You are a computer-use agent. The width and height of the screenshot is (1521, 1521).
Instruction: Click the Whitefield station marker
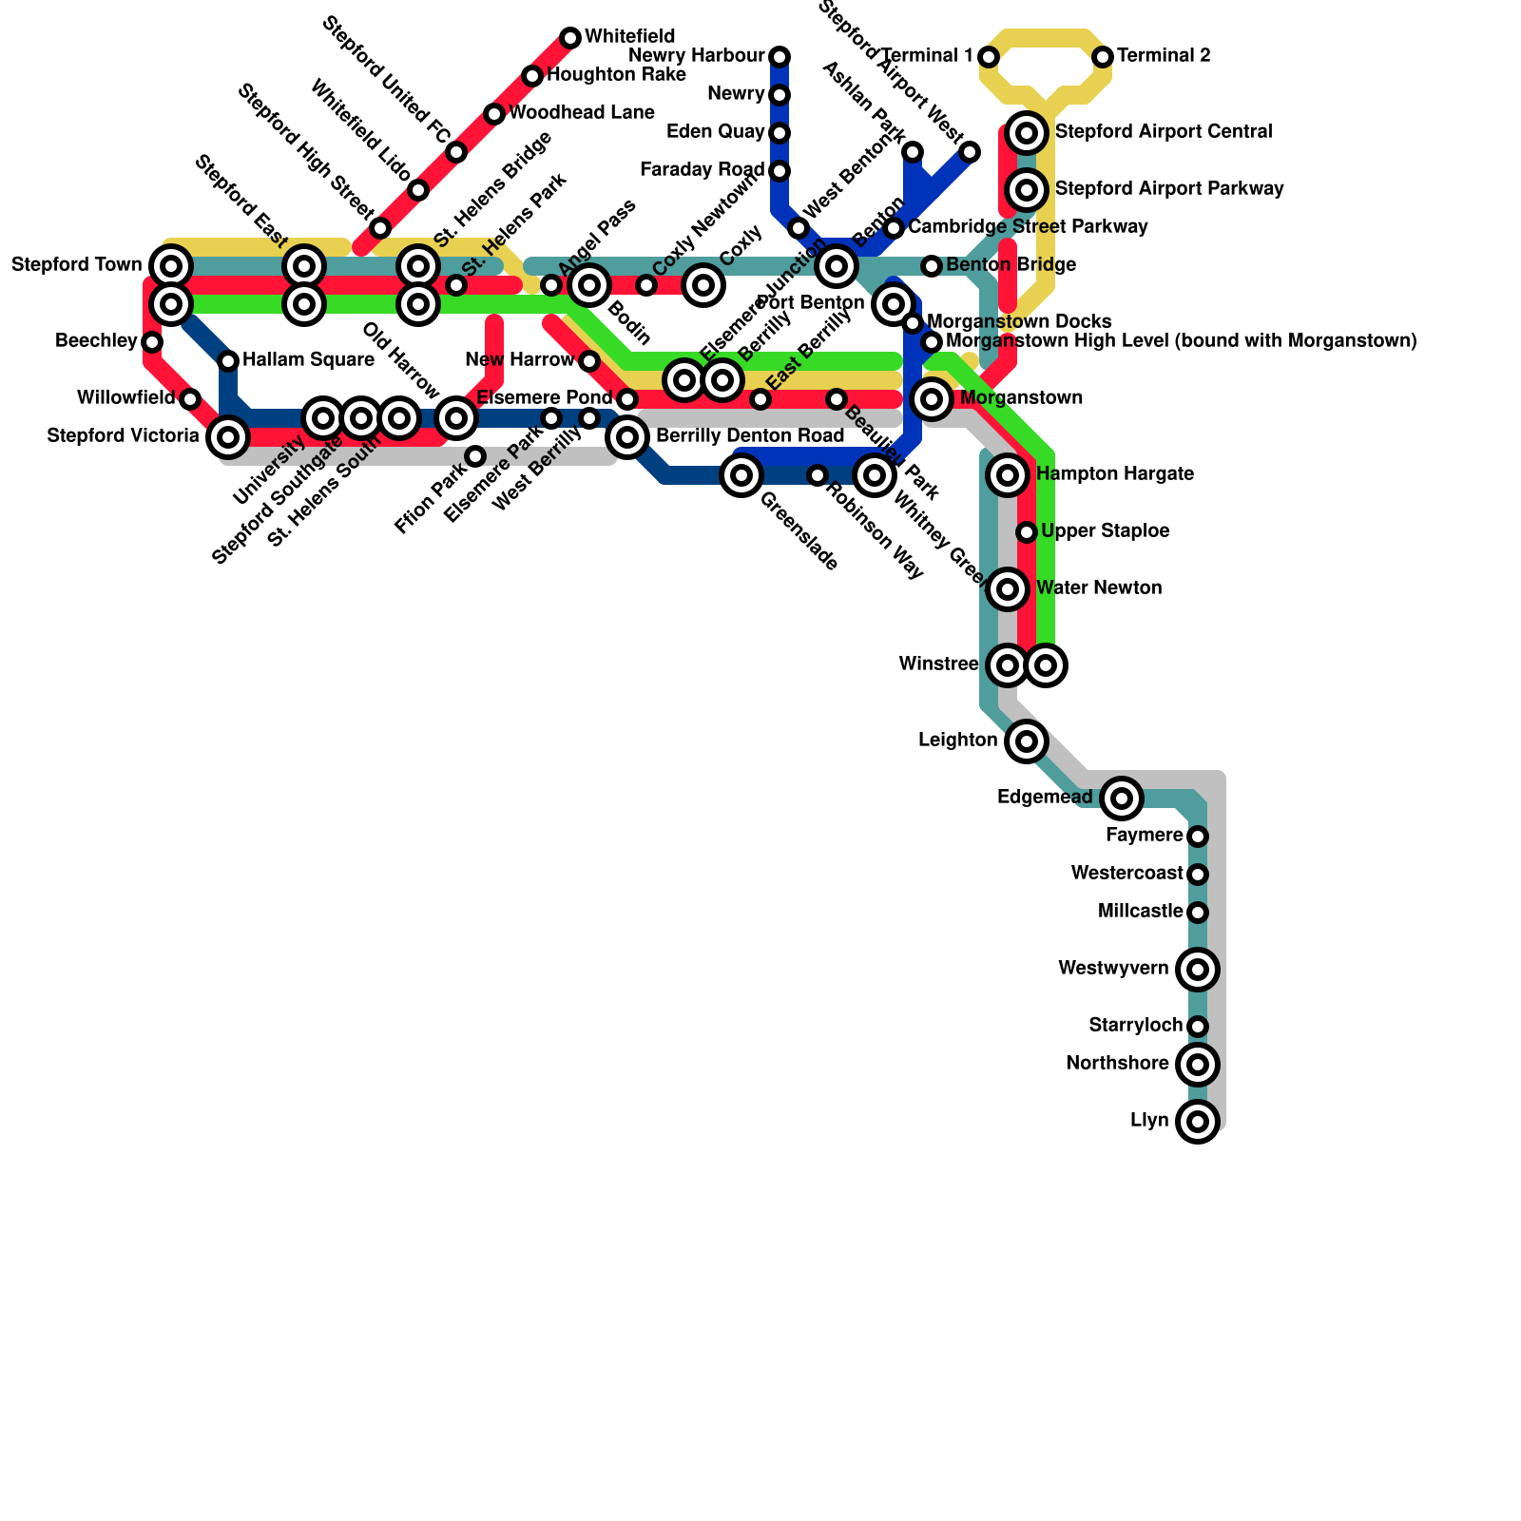570,38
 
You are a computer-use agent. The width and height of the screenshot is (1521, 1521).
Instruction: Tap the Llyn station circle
1198,1122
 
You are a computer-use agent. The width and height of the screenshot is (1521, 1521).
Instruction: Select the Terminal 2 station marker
1103,57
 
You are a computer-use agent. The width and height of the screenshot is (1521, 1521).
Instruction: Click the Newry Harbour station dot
780,57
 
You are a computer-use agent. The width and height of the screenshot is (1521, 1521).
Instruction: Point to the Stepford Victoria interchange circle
228,437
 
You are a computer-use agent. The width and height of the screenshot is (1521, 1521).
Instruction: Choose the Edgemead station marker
1122,799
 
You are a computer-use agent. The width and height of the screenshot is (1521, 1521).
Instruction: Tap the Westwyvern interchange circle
1198,970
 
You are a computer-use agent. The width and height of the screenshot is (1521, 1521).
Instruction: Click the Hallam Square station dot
228,360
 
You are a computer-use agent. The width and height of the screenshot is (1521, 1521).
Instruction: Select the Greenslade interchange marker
741,475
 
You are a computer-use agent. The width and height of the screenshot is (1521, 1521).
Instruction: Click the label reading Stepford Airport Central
1164,131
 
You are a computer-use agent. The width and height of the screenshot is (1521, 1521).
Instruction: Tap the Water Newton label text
1099,588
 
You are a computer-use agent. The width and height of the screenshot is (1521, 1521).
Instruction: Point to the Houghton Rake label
617,75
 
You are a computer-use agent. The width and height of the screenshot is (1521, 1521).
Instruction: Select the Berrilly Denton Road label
750,436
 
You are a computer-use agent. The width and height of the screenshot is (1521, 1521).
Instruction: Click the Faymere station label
1145,836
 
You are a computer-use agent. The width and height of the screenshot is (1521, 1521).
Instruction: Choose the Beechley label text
96,340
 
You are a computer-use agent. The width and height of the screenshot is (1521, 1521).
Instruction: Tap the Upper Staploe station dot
1027,532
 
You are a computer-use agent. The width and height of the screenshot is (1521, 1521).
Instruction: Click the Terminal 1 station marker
989,57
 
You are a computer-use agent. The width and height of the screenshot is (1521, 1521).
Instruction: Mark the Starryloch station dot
1198,1027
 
